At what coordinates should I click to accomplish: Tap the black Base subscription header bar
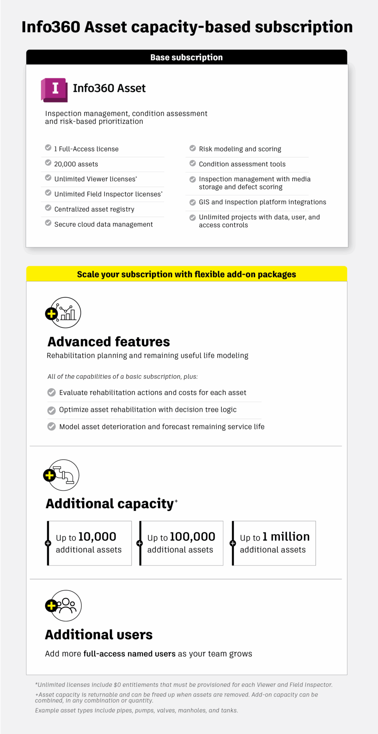(x=187, y=57)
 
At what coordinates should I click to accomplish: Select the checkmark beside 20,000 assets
(x=48, y=163)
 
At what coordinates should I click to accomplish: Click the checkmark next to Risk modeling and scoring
(x=193, y=148)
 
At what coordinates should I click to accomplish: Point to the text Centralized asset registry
(x=94, y=209)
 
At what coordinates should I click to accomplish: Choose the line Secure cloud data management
(x=103, y=224)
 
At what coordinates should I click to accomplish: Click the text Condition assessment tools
(x=242, y=164)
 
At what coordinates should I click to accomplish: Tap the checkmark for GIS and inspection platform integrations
(x=193, y=202)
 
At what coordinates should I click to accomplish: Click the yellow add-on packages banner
(x=187, y=274)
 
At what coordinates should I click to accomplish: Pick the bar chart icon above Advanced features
(x=66, y=312)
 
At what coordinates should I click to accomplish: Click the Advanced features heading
(x=109, y=341)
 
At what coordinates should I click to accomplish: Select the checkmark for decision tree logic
(x=51, y=410)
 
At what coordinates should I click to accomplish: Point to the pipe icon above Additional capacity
(x=64, y=475)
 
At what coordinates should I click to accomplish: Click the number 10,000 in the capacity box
(x=97, y=537)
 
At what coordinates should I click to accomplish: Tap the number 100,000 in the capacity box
(x=192, y=537)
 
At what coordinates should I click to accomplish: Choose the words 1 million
(x=286, y=537)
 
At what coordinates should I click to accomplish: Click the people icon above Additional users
(x=66, y=606)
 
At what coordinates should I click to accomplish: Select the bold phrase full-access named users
(x=129, y=654)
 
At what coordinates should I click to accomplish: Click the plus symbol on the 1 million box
(x=232, y=543)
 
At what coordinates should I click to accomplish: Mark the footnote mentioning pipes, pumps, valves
(x=137, y=710)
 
